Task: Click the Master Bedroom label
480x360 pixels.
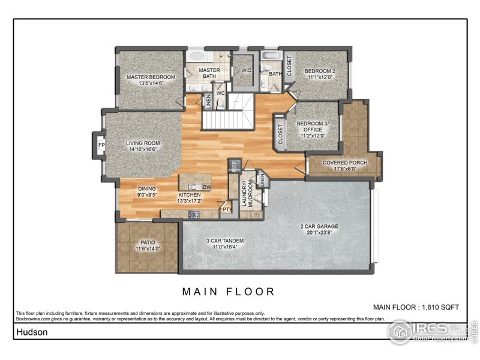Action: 151,77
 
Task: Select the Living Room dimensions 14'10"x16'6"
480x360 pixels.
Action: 143,149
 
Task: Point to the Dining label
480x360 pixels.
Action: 147,188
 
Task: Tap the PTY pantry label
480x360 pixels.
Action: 226,209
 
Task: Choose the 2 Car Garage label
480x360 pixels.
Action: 319,227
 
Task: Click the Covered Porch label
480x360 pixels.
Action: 344,163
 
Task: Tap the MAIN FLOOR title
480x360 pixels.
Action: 229,292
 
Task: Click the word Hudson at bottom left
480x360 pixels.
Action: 28,331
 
